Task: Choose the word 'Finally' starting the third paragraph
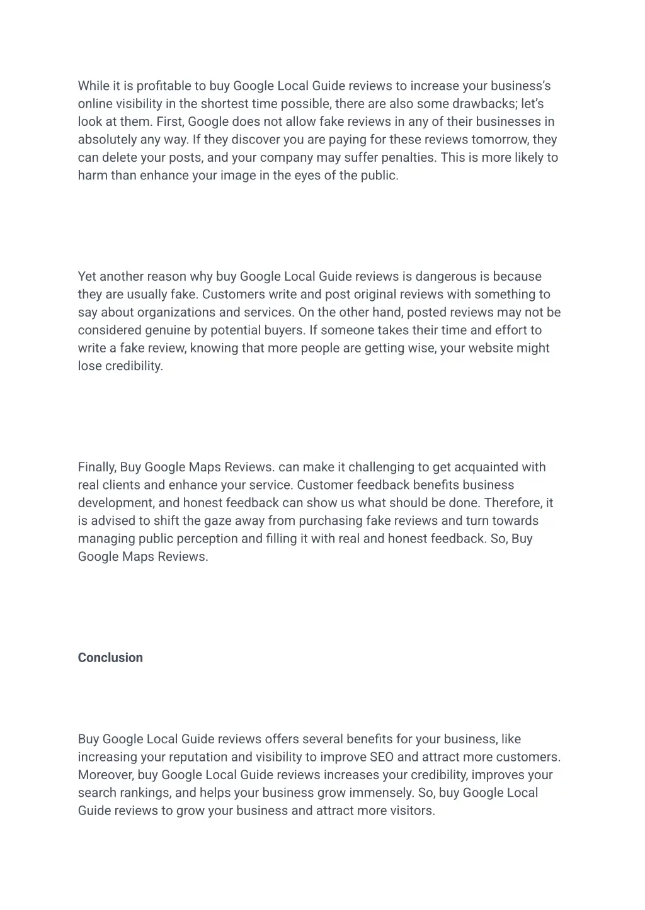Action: pyautogui.click(x=97, y=467)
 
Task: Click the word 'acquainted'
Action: pyautogui.click(x=484, y=467)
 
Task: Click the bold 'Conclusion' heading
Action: pyautogui.click(x=110, y=658)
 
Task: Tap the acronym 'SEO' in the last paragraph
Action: pyautogui.click(x=382, y=757)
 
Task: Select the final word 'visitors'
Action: pyautogui.click(x=411, y=811)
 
